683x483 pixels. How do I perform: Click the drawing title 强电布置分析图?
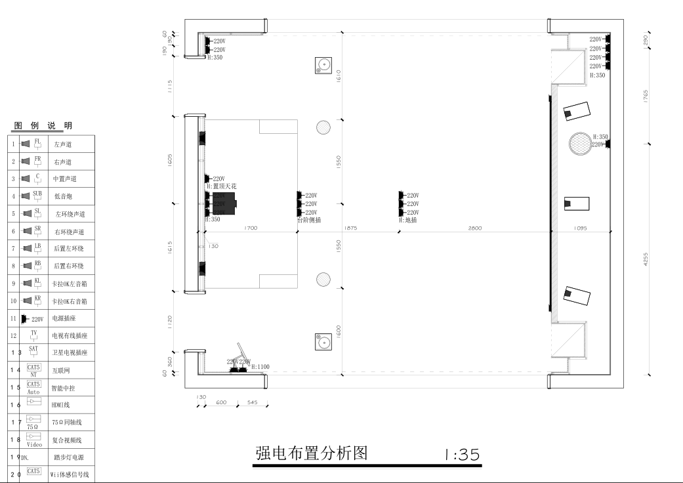311,453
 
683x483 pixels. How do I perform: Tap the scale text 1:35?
462,454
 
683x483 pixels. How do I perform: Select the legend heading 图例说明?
43,126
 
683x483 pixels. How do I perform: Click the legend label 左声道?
63,144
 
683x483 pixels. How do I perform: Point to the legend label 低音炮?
64,196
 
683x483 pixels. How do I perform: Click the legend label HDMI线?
61,405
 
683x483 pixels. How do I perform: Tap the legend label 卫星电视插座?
70,353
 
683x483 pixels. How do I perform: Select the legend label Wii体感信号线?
70,474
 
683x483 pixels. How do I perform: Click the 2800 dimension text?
475,228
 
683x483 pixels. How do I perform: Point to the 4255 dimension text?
646,260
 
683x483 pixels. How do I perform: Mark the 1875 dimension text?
350,228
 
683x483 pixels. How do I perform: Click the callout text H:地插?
407,220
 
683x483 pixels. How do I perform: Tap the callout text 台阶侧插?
309,220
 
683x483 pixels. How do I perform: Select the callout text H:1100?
260,367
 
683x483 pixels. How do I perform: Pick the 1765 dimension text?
646,96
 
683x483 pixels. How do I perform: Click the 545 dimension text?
252,402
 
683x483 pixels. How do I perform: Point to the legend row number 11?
13,318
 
